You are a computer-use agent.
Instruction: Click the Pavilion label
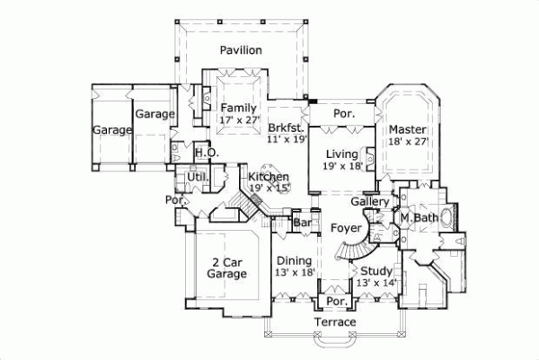point(243,50)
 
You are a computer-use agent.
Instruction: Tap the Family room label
point(238,109)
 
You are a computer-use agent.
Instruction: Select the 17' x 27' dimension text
point(238,120)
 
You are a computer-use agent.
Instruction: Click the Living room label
point(342,154)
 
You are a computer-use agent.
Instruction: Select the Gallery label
point(376,202)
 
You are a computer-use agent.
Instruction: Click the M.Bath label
point(419,218)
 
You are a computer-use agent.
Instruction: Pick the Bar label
point(303,221)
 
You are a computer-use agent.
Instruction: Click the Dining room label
point(294,260)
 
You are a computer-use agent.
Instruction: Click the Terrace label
point(335,321)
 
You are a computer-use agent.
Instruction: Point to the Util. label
point(198,177)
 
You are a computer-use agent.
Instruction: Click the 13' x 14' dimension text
point(376,283)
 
